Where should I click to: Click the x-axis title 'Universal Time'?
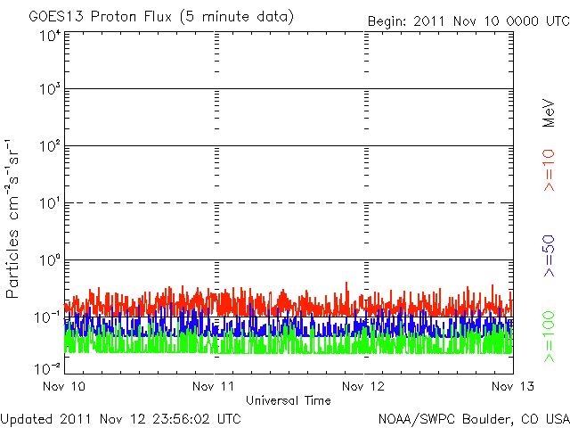[x=288, y=400]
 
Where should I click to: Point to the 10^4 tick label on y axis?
[x=48, y=35]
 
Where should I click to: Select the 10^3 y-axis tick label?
[x=48, y=90]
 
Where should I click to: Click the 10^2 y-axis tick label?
[x=48, y=147]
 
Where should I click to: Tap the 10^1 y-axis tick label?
[x=48, y=204]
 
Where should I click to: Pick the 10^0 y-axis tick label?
[x=48, y=261]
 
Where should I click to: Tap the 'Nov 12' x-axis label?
[x=363, y=387]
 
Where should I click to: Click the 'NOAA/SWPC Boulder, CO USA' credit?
[x=473, y=418]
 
